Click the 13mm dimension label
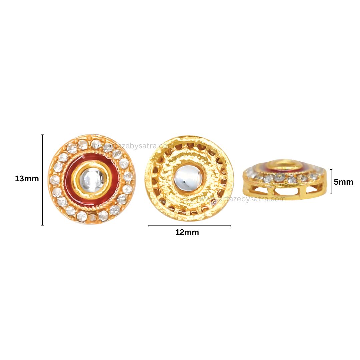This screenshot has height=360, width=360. tap(27, 179)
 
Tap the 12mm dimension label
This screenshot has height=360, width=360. tap(187, 233)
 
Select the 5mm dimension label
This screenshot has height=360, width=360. tap(343, 182)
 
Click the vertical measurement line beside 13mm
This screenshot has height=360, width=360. tap(42, 180)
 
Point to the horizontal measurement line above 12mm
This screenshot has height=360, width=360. tap(189, 226)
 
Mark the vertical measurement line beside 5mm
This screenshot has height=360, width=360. tap(331, 182)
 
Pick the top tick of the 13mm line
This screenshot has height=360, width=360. tap(42, 135)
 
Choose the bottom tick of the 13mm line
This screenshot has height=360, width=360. tap(42, 225)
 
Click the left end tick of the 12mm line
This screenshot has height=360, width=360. tap(148, 226)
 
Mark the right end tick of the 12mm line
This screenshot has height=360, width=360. tap(231, 226)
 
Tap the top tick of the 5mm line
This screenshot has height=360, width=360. tap(331, 170)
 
